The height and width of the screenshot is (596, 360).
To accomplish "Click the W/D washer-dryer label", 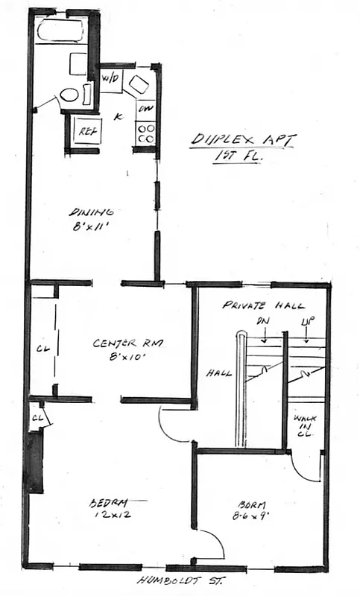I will pyautogui.click(x=110, y=78).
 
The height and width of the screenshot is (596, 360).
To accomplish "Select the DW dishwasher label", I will pyautogui.click(x=145, y=110).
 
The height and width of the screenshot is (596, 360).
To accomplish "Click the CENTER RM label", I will pyautogui.click(x=127, y=343).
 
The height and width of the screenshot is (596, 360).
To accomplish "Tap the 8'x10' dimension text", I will pyautogui.click(x=128, y=358).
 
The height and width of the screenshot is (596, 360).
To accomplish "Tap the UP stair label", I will pyautogui.click(x=306, y=323).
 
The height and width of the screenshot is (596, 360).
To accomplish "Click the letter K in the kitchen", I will pyautogui.click(x=117, y=116).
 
